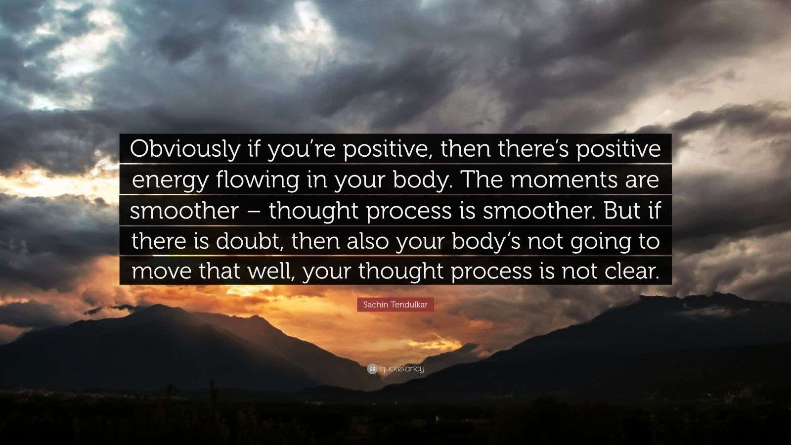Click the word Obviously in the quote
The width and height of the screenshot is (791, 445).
185,149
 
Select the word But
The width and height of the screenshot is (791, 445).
622,211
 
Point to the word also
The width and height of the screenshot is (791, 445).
367,241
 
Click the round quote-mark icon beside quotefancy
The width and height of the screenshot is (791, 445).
372,369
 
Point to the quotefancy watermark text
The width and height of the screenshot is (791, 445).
402,369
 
